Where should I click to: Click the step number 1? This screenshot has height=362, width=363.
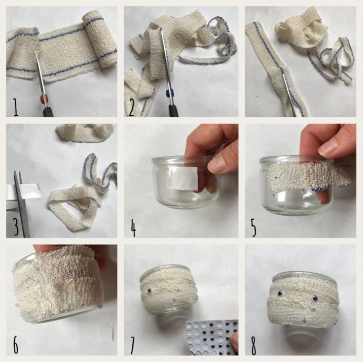[15, 107]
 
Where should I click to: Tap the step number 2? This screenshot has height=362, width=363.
[131, 107]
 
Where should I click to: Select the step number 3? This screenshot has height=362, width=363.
[16, 227]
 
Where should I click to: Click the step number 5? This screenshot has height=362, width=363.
[254, 228]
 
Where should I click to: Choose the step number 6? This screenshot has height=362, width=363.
[15, 345]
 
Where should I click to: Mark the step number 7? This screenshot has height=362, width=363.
[132, 345]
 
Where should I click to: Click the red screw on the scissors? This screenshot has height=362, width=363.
[44, 99]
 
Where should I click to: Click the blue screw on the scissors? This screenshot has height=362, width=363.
[171, 94]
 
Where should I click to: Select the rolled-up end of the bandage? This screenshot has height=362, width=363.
[100, 39]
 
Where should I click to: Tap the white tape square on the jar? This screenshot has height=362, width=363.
[183, 178]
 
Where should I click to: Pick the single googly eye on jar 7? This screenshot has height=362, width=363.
[150, 291]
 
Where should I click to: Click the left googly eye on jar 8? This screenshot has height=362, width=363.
[280, 294]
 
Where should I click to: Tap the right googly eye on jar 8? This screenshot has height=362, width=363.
[315, 299]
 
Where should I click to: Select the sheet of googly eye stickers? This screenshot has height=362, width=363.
[212, 337]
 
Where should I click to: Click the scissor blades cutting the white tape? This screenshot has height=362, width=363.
[20, 203]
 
